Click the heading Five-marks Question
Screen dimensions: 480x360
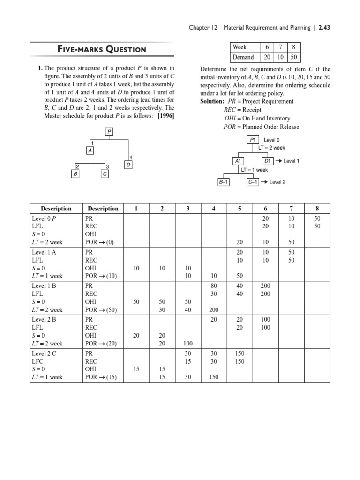[101, 49]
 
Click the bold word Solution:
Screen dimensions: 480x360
[213, 101]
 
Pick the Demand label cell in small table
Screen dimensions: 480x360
[243, 57]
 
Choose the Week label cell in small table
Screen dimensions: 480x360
[240, 47]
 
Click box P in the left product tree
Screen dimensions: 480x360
[109, 132]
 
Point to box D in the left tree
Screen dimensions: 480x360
[128, 165]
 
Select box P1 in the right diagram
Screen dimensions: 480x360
[253, 140]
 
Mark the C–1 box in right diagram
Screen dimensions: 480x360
[253, 182]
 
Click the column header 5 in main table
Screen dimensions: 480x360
[240, 209]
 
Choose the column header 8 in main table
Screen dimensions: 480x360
[317, 209]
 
